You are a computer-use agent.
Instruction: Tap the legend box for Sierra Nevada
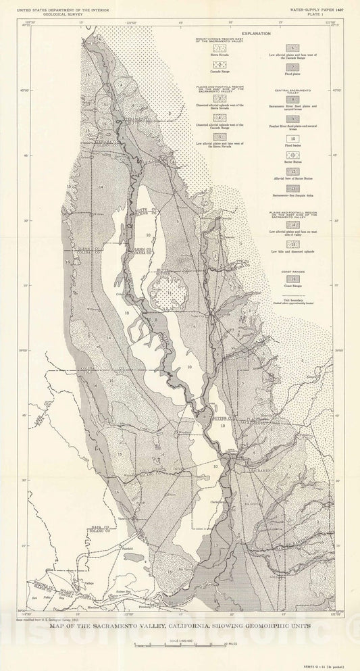click(x=218, y=48)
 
